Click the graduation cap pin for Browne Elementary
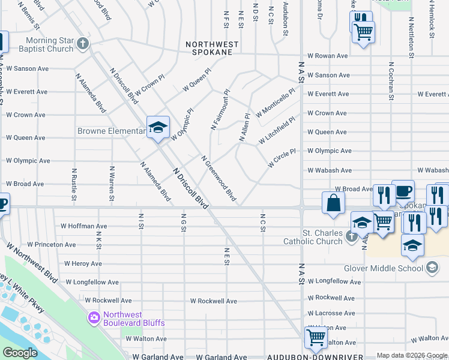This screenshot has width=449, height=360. (x=158, y=127)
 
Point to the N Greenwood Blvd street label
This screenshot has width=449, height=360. (x=218, y=178)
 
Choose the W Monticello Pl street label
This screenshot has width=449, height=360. (x=276, y=103)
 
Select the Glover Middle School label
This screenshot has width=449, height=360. (x=384, y=268)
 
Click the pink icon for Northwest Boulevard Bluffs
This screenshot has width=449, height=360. (x=94, y=317)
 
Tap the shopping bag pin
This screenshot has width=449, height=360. (x=333, y=204)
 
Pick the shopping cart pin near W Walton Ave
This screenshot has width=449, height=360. (x=316, y=337)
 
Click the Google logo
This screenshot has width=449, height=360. (x=20, y=353)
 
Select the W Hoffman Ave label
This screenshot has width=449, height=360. (x=84, y=227)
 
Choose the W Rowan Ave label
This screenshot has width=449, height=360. (x=328, y=56)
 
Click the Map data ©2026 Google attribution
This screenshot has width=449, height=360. (x=411, y=355)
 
